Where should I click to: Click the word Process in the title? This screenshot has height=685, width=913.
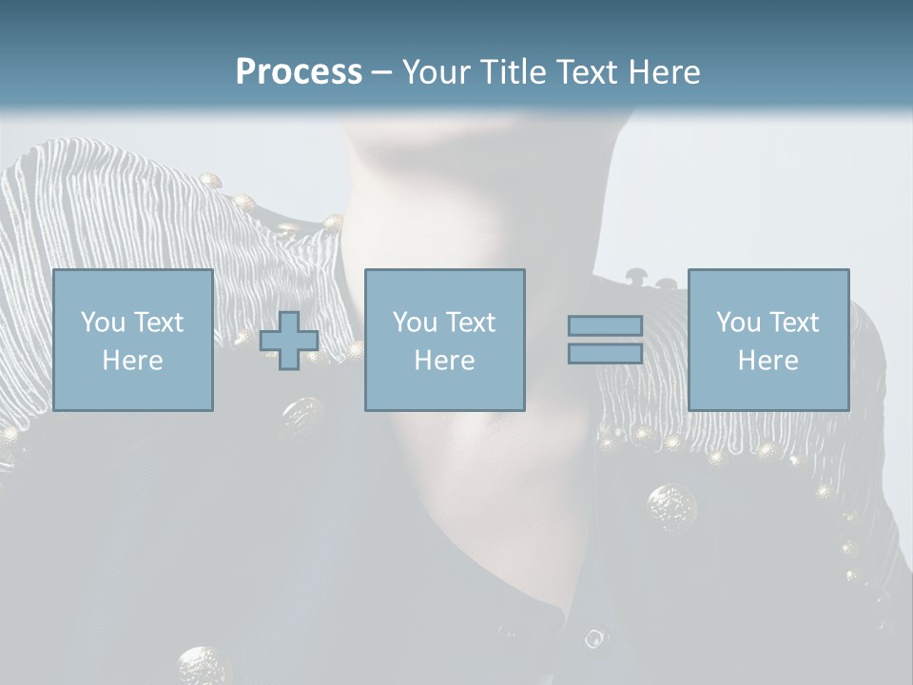(x=299, y=72)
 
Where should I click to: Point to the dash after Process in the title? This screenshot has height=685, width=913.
(x=380, y=72)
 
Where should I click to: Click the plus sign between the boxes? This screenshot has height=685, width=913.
(x=289, y=341)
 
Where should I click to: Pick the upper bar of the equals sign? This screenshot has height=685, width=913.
(x=605, y=326)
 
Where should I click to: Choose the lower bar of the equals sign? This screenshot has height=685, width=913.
(x=605, y=353)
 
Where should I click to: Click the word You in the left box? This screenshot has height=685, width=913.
(x=103, y=323)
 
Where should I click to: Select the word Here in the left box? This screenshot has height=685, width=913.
(x=132, y=361)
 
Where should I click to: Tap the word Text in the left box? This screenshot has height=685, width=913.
(x=157, y=323)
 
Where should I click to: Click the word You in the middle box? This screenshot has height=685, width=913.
(x=415, y=323)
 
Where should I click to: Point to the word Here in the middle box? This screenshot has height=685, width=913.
(x=444, y=361)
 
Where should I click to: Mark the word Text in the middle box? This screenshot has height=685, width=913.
(x=469, y=323)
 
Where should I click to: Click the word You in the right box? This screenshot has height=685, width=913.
(x=738, y=323)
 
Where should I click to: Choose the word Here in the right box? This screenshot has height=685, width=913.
(x=767, y=361)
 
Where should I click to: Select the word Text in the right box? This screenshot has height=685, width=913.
(x=792, y=323)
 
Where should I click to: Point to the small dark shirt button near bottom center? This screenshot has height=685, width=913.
(x=593, y=638)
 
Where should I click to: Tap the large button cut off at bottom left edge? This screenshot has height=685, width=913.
(x=203, y=666)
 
